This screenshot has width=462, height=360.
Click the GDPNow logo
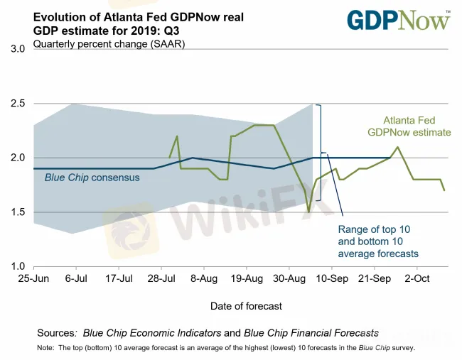[x=398, y=20]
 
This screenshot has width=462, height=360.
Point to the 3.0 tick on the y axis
[x=16, y=49]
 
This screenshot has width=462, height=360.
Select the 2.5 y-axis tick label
[x=16, y=104]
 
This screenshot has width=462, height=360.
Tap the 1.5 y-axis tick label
[x=16, y=212]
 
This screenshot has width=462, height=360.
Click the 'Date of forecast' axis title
[x=246, y=306]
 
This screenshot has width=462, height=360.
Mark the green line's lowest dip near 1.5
[x=308, y=212]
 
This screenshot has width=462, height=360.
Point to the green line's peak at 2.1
[x=398, y=147]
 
